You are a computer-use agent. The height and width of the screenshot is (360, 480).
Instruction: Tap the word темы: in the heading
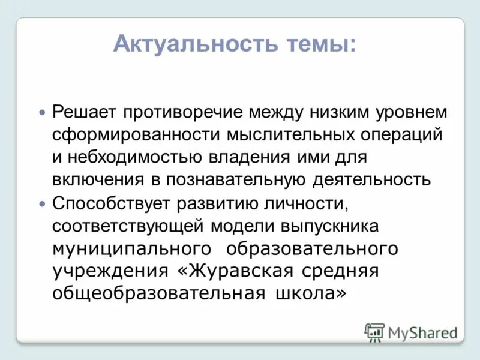pyautogui.click(x=317, y=44)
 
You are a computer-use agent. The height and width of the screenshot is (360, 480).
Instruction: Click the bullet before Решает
pyautogui.click(x=41, y=113)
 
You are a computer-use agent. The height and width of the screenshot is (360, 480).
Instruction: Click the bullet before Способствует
pyautogui.click(x=41, y=204)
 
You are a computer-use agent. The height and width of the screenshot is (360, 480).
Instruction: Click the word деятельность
pyautogui.click(x=371, y=180)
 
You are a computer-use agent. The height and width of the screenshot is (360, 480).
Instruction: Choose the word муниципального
pyautogui.click(x=132, y=248)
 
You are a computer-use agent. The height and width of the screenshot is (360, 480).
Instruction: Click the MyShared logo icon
pyautogui.click(x=375, y=332)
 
